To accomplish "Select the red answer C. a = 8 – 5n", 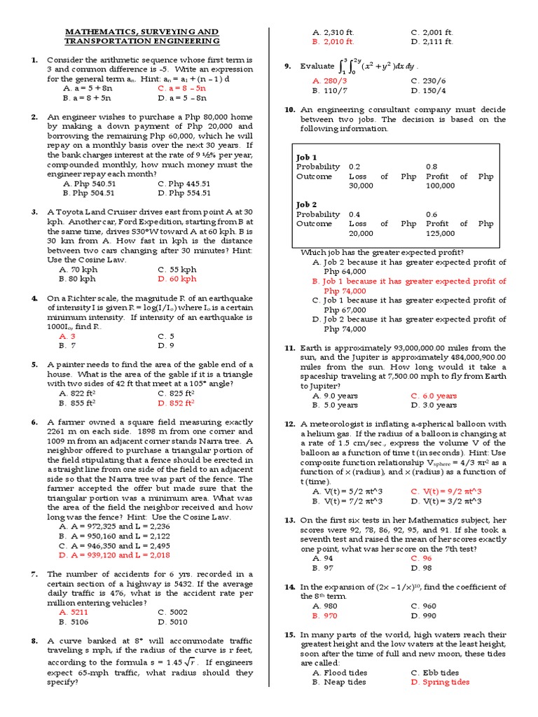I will coord(182,89).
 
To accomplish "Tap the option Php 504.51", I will coord(89,193).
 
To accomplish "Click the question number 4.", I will coord(34,298).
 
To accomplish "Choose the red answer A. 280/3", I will coord(329,81).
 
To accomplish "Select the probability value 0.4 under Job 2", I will coord(355,214).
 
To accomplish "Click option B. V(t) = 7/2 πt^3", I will coord(347,501).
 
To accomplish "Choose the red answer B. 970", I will coord(325,615).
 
